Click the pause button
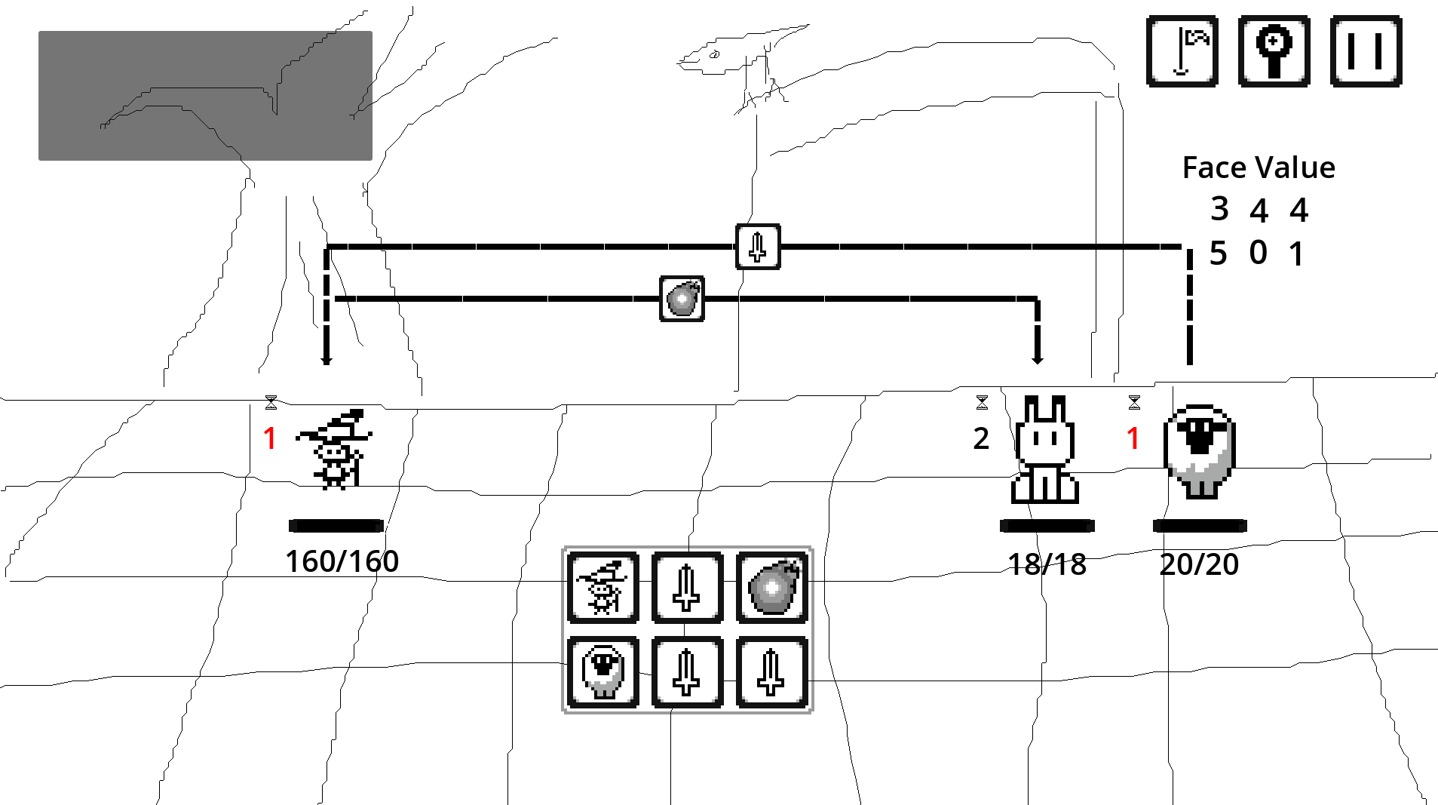[x=1366, y=51]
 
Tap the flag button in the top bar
[x=1182, y=51]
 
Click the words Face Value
[x=1258, y=167]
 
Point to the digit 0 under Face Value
[x=1258, y=253]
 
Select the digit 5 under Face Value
[x=1218, y=253]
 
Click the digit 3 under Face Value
[x=1219, y=209]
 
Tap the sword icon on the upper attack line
[x=758, y=247]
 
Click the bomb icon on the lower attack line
[x=682, y=299]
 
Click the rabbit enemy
[x=1044, y=450]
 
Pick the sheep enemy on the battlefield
[x=1199, y=451]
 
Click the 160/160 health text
[x=342, y=561]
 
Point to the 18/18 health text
[x=1047, y=564]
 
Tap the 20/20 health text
[x=1199, y=564]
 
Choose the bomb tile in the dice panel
[x=771, y=588]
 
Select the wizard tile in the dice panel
[x=603, y=588]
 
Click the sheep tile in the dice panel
[x=603, y=672]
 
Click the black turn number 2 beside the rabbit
[x=980, y=438]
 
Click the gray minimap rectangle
[x=205, y=96]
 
